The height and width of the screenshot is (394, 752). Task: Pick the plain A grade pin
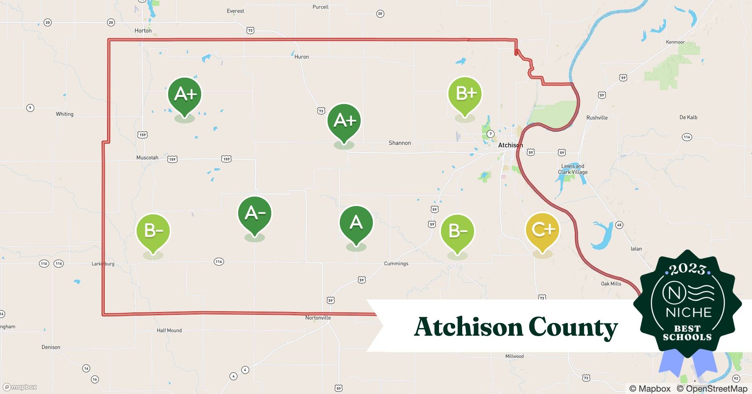(356, 223)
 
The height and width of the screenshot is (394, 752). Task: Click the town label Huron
(302, 57)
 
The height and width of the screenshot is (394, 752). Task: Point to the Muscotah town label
(147, 158)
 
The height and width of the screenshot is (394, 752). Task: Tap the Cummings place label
(396, 264)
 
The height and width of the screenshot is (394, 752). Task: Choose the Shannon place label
(400, 143)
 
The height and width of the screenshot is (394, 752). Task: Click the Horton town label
(143, 31)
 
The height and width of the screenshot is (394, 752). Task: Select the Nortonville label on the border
(318, 318)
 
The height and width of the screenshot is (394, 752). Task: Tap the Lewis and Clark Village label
(573, 169)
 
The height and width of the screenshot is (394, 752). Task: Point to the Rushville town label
(597, 118)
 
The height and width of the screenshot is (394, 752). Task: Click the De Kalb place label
(688, 117)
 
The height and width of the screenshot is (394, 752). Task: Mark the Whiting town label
(65, 114)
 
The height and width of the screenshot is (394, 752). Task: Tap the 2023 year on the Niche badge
(687, 269)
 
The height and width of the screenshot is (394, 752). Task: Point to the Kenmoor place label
(675, 42)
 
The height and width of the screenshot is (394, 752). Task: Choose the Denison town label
(51, 347)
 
